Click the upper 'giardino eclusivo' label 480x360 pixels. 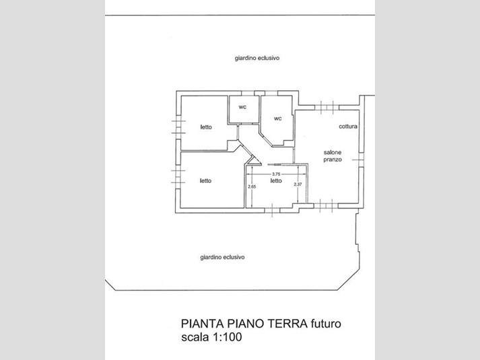click(x=257, y=58)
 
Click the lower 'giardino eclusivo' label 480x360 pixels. click(x=222, y=257)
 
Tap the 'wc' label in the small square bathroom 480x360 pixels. click(x=242, y=108)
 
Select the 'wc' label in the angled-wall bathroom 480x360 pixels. click(x=277, y=118)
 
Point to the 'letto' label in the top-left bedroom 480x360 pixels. click(x=206, y=127)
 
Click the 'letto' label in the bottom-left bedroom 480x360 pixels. click(x=206, y=181)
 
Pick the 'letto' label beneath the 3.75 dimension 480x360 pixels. click(x=276, y=181)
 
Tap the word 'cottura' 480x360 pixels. click(x=348, y=127)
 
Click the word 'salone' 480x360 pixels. click(x=333, y=152)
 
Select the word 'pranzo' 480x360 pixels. click(x=333, y=159)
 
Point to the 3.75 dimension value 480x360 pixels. click(x=276, y=174)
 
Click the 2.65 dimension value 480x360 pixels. click(x=252, y=186)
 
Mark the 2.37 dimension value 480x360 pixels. click(x=298, y=184)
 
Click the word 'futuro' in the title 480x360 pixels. click(x=326, y=324)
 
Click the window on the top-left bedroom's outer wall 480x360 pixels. click(x=178, y=127)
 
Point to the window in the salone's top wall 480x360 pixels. click(x=327, y=108)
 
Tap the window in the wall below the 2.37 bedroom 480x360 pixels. click(x=272, y=210)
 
